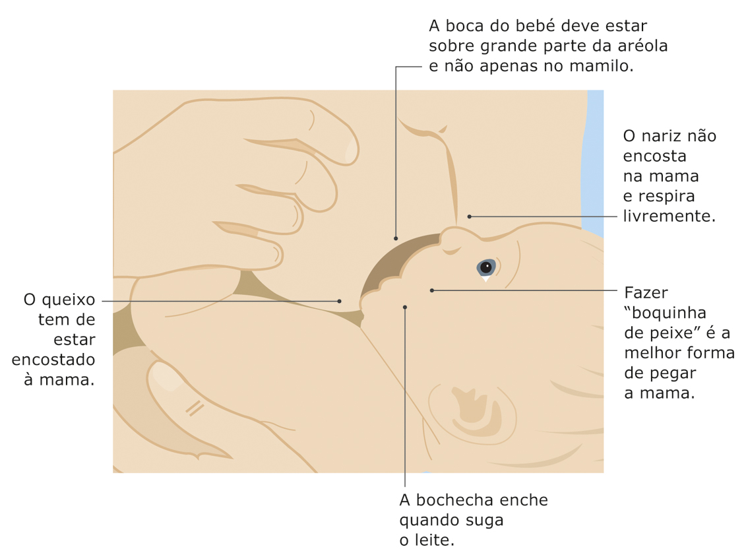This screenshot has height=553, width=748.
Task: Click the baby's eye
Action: tap(486, 268)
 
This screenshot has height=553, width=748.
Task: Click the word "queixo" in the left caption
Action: tap(68, 301)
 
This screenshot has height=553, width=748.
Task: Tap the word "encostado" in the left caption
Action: tap(53, 360)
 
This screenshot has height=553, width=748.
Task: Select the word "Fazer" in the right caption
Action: tap(646, 292)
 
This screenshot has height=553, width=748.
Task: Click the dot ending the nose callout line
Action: tap(470, 216)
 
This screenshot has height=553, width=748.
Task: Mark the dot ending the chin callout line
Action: tap(339, 301)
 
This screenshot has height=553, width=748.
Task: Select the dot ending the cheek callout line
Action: tap(404, 308)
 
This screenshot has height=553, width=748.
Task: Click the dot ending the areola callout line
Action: tap(396, 238)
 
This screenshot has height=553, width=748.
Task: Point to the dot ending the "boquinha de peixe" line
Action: tap(432, 290)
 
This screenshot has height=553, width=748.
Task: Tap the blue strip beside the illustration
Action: tap(593, 162)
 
